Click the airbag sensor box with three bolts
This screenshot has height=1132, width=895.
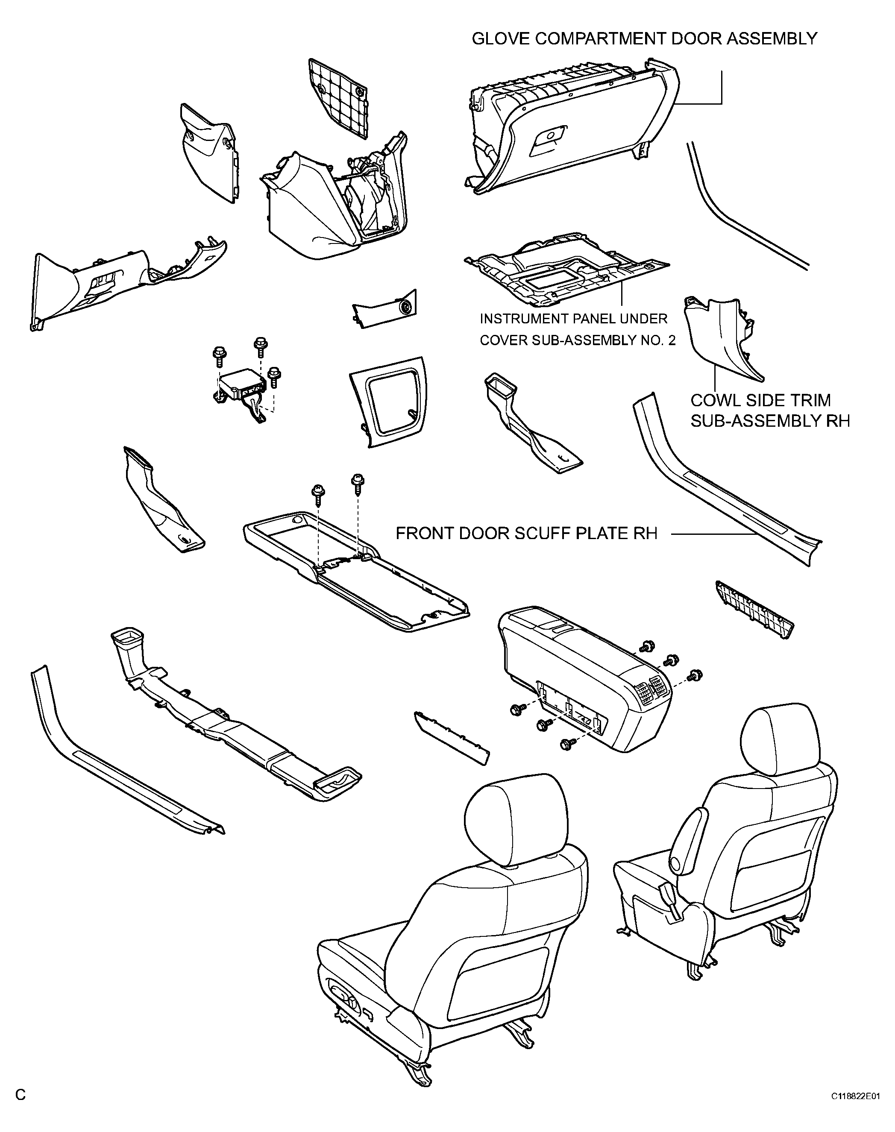pyautogui.click(x=241, y=387)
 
